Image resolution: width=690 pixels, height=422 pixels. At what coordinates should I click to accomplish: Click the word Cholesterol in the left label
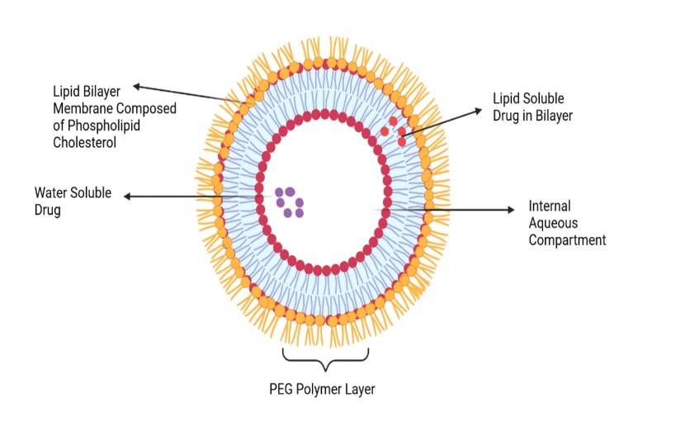pos(85,141)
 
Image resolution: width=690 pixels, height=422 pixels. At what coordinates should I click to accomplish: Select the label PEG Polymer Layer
pos(323,388)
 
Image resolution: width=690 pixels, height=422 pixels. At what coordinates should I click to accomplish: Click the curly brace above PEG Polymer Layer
pos(325,358)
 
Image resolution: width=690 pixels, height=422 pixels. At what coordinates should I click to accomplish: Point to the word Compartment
pos(567,240)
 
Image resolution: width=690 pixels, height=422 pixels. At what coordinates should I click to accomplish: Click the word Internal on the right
pos(549,206)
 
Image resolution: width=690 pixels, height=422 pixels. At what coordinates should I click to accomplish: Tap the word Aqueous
pos(553,223)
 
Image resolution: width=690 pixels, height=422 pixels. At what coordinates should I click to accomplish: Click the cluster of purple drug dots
pos(290,202)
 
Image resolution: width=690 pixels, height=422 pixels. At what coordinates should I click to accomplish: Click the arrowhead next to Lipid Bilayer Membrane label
pos(137,85)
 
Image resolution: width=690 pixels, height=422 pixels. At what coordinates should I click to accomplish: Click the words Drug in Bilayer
pos(532,116)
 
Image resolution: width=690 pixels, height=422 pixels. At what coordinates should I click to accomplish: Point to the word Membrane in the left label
pos(83,108)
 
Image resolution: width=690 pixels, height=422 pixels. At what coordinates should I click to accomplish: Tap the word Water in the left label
pos(51,193)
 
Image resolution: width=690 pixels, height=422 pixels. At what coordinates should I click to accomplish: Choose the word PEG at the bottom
pos(281,388)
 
